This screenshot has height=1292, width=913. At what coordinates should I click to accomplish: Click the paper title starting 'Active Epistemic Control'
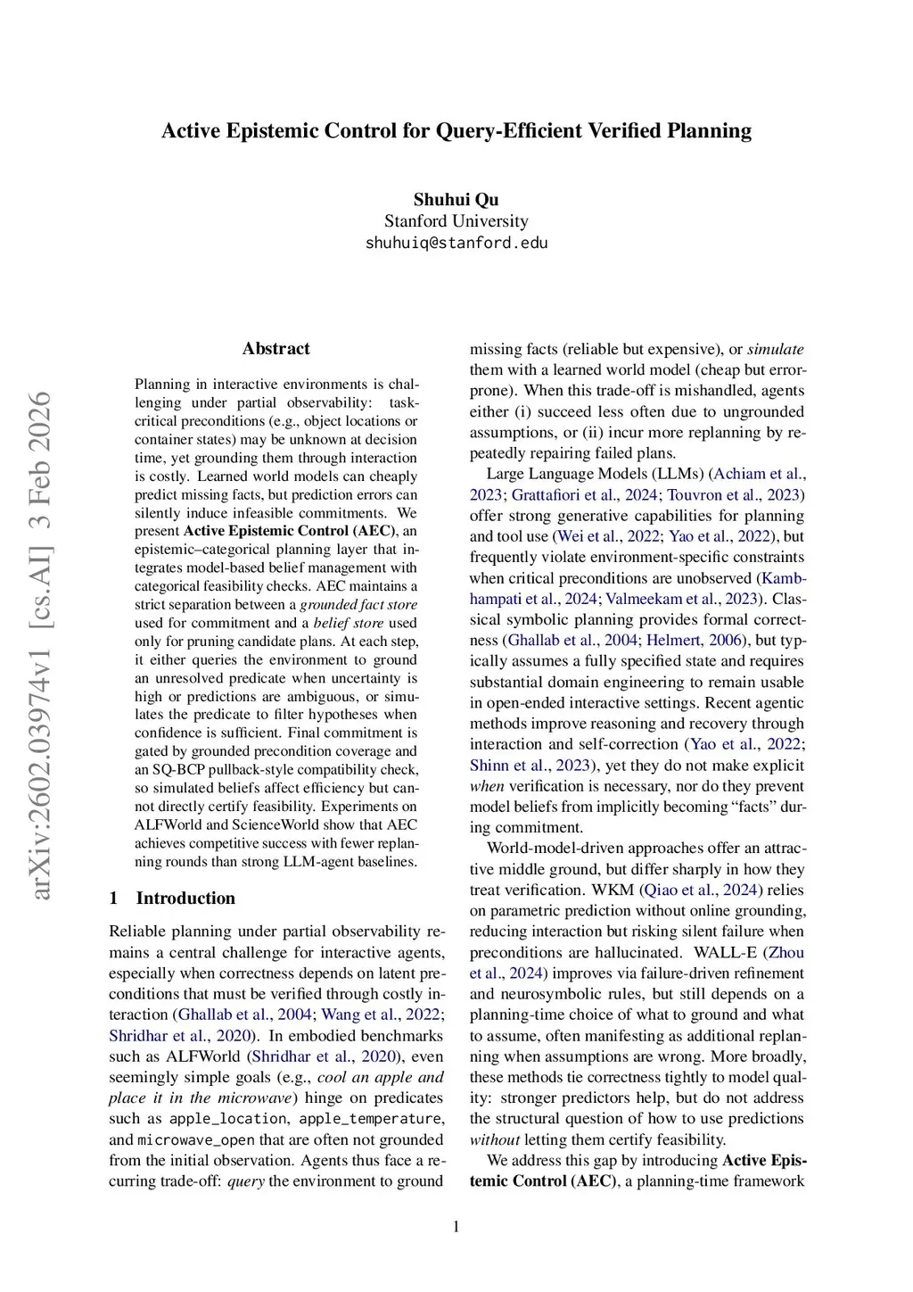pos(456,131)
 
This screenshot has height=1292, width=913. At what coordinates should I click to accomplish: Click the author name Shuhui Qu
pos(456,200)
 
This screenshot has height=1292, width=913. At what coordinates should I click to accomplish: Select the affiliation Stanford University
pos(456,221)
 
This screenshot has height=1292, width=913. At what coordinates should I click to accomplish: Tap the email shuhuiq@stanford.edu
pos(456,243)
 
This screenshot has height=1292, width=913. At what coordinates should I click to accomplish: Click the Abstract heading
pos(276,349)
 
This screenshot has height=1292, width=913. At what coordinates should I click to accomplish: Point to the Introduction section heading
pos(185,899)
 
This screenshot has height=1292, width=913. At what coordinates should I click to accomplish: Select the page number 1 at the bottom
pos(456,1227)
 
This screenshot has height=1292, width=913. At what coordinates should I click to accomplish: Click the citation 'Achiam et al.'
pos(758,474)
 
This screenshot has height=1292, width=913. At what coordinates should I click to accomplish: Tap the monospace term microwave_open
pos(195,1140)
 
